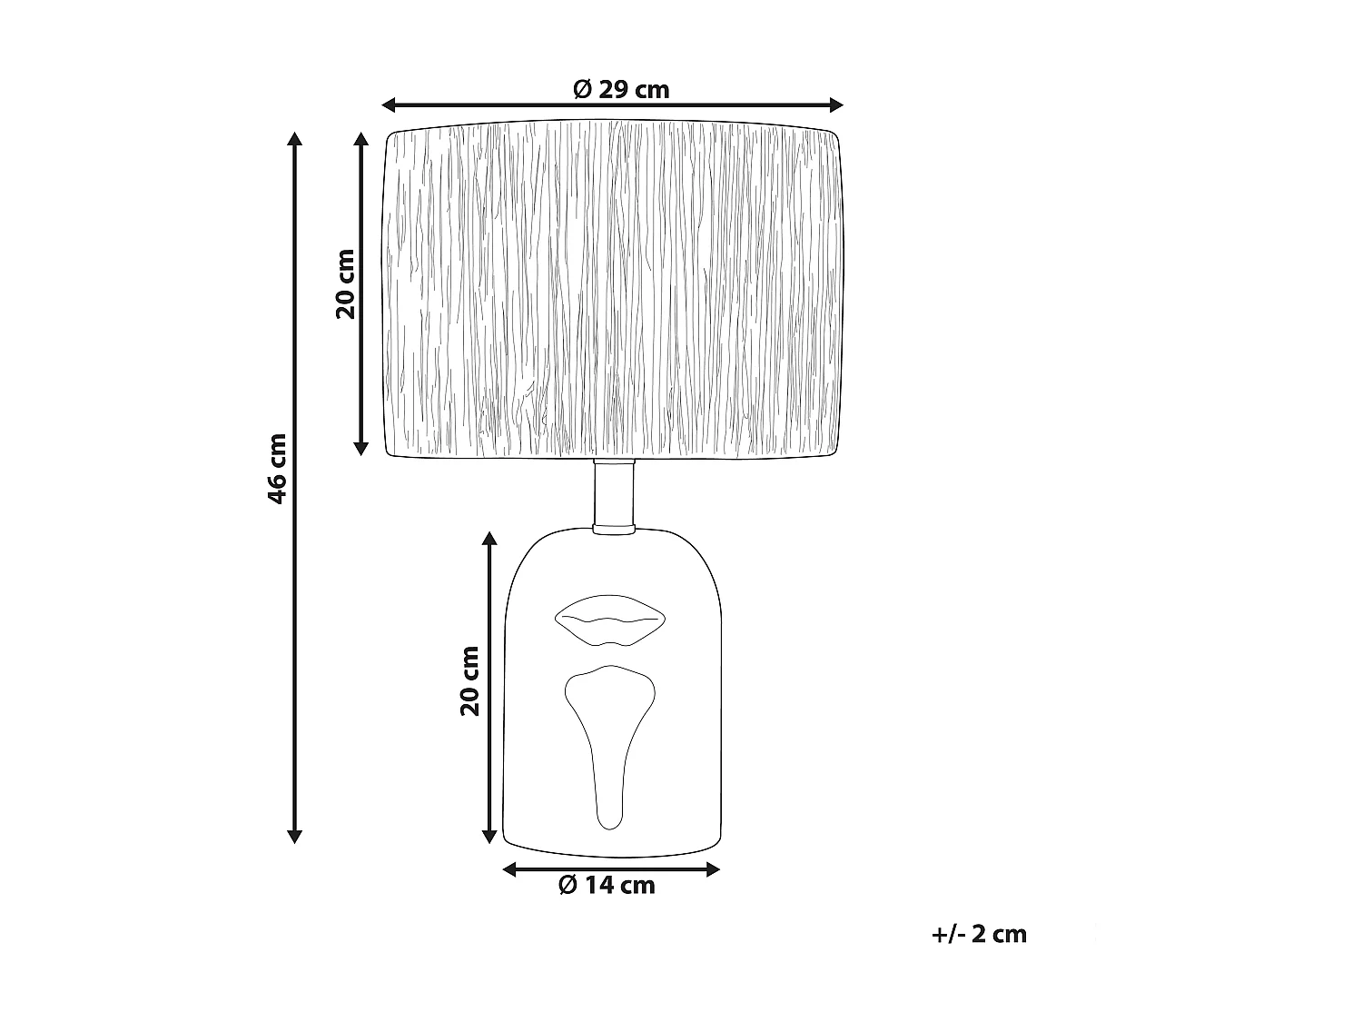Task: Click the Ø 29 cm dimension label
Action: point(621,89)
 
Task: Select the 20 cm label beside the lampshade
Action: point(345,283)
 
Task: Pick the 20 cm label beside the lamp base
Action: point(469,681)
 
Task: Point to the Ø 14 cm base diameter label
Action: point(607,885)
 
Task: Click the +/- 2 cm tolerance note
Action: point(979,934)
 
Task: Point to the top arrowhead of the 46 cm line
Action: point(294,139)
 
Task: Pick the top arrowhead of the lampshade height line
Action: point(360,139)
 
